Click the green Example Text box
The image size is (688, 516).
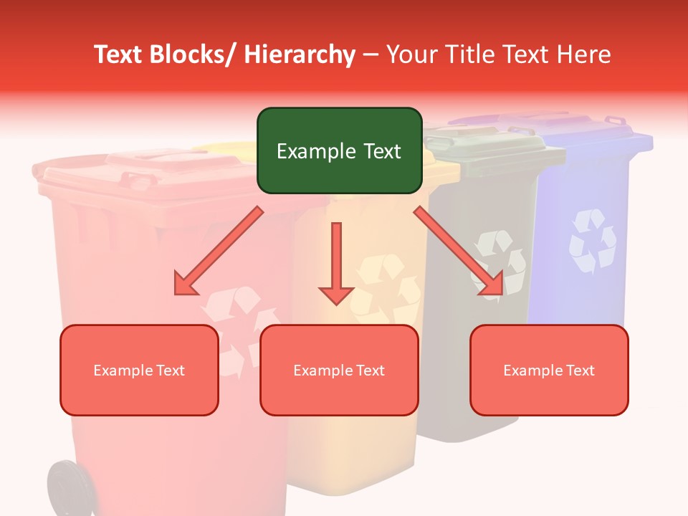(x=339, y=150)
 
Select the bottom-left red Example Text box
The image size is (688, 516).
(x=139, y=370)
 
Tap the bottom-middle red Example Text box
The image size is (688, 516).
(x=339, y=370)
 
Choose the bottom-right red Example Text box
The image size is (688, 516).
(x=549, y=370)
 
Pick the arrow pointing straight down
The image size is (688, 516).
(x=336, y=262)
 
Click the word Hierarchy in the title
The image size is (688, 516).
(x=300, y=54)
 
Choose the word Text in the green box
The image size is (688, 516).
(x=381, y=151)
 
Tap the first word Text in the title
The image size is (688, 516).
(x=118, y=54)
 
